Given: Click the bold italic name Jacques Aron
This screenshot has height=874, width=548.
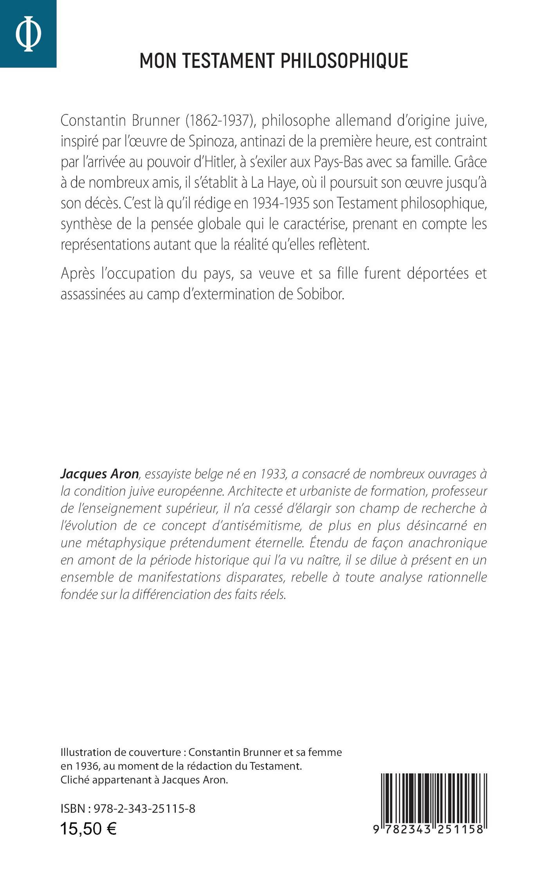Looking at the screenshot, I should click(x=100, y=474).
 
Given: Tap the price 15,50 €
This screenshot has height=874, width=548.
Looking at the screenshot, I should click(x=88, y=829).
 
